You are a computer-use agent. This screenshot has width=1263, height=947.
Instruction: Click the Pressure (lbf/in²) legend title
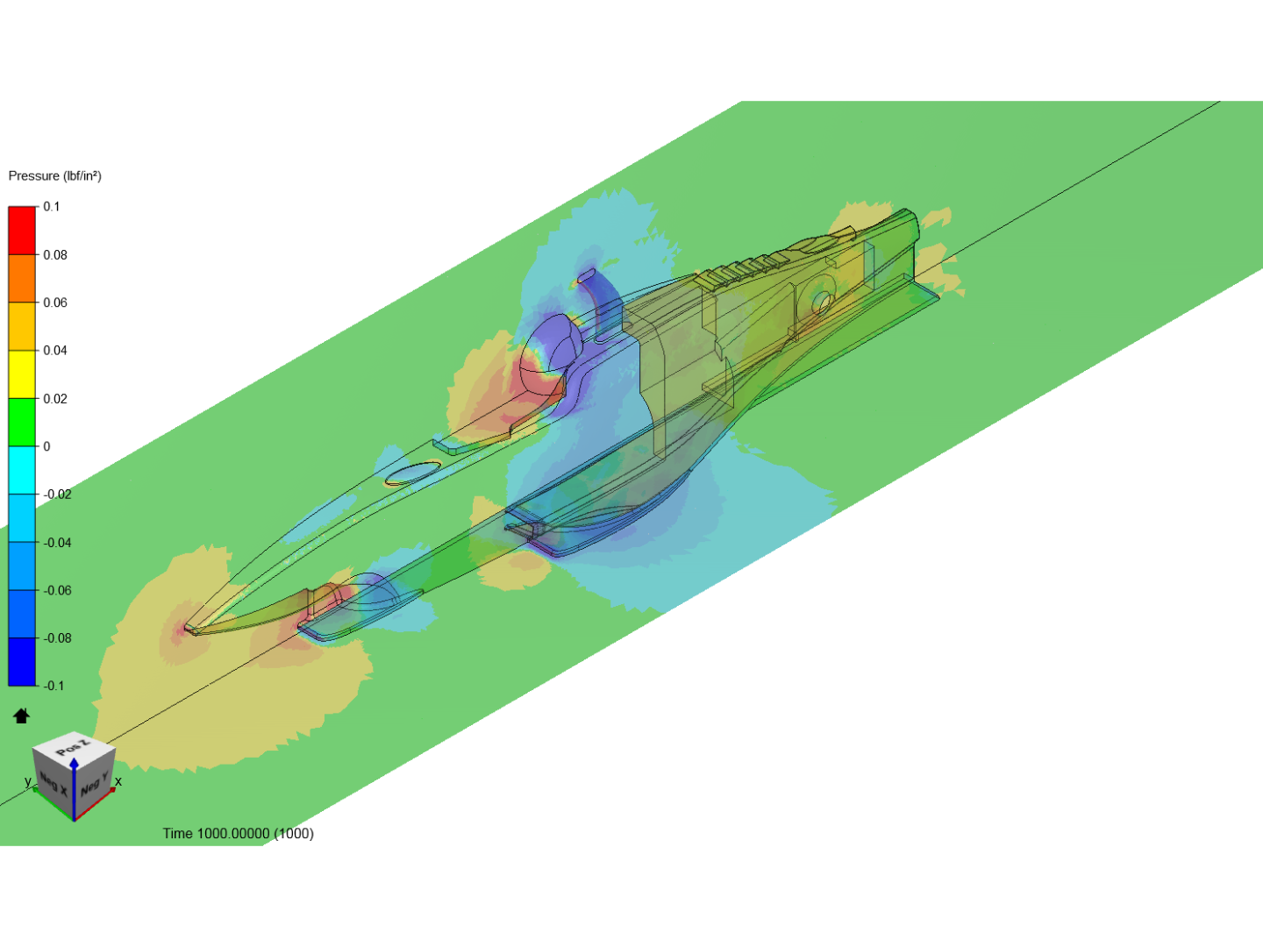54,176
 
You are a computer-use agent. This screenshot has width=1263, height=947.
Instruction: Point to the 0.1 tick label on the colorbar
52,206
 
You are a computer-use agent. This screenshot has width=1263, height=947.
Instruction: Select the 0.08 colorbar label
55,254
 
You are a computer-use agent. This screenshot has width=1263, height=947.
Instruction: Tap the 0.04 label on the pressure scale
55,350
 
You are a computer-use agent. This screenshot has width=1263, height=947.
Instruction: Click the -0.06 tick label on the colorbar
58,590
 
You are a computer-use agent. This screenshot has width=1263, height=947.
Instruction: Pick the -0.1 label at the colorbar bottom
54,686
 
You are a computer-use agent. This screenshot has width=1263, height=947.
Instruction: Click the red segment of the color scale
22,231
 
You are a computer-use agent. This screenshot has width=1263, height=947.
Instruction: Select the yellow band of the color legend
22,374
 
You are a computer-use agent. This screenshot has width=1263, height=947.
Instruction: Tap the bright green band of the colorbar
22,422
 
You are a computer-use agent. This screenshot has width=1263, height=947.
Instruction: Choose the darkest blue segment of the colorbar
22,661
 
